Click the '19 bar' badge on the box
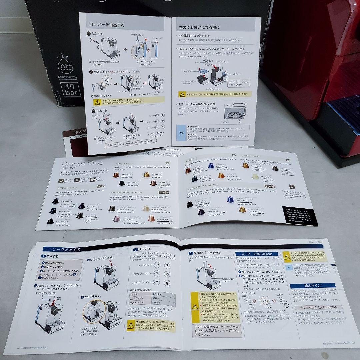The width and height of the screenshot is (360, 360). pos(70,90)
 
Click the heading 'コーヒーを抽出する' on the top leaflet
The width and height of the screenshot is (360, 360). pos(106,24)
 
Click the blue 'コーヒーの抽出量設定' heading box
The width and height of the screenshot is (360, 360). pos(257,254)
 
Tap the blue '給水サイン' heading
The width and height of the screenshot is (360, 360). pos(312,286)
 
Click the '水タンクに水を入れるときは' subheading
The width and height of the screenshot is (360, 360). pos(316,307)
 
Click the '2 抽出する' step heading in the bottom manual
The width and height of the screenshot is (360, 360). pos(142,249)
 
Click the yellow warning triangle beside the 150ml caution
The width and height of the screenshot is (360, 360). pos(287,256)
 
